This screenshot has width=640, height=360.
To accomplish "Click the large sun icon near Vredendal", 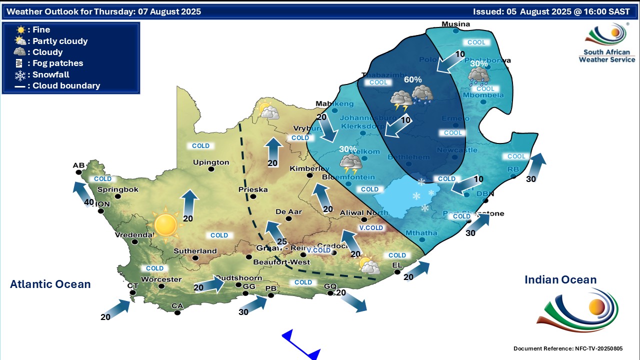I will pos(165,224).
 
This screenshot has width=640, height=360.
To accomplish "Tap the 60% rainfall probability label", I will pos(412,79).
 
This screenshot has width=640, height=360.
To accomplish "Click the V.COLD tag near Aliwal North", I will pos(370,228).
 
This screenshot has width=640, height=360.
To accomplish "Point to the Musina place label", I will pos(456,24).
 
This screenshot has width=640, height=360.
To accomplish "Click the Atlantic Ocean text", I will pos(50,284).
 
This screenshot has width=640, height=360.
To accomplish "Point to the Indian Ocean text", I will pos(560,280).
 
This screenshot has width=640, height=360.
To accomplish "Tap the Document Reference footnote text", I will pos(568,348).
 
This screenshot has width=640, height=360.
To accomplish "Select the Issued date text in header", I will pos(551,11).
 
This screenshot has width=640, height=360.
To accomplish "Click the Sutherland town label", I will pos(195,251).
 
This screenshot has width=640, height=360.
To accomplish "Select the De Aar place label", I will pos(288,211).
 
